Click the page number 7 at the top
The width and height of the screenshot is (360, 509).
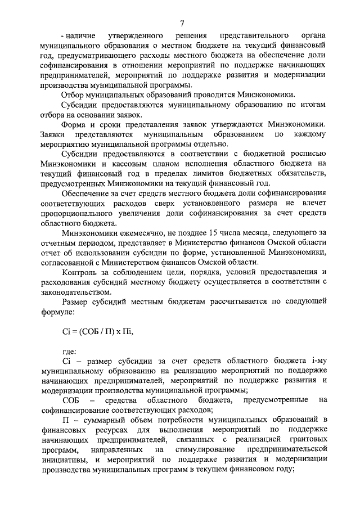pos(182,22)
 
